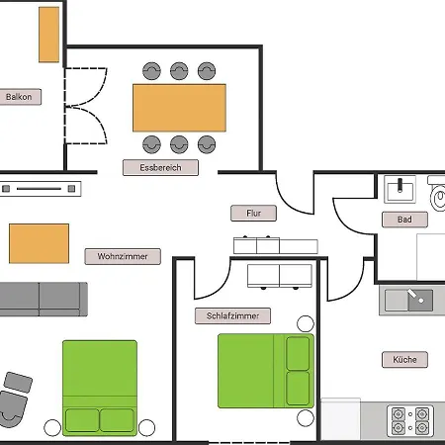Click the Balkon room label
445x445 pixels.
20,97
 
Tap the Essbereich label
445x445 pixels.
160,167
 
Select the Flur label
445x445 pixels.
253,213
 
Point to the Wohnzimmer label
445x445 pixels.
123,256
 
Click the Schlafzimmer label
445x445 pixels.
232,315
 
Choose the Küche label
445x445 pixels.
404,359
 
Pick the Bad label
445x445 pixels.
404,220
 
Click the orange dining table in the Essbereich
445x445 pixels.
179,108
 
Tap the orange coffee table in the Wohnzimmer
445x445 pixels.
39,243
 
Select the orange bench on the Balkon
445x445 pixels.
49,35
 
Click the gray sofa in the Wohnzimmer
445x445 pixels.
43,299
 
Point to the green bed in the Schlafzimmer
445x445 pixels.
266,371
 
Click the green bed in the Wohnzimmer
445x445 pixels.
100,388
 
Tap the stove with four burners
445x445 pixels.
410,421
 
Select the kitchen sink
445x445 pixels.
408,300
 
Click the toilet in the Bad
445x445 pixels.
437,195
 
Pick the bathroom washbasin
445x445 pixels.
400,189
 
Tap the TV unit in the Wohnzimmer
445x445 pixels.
40,189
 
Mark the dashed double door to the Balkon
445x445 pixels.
85,106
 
